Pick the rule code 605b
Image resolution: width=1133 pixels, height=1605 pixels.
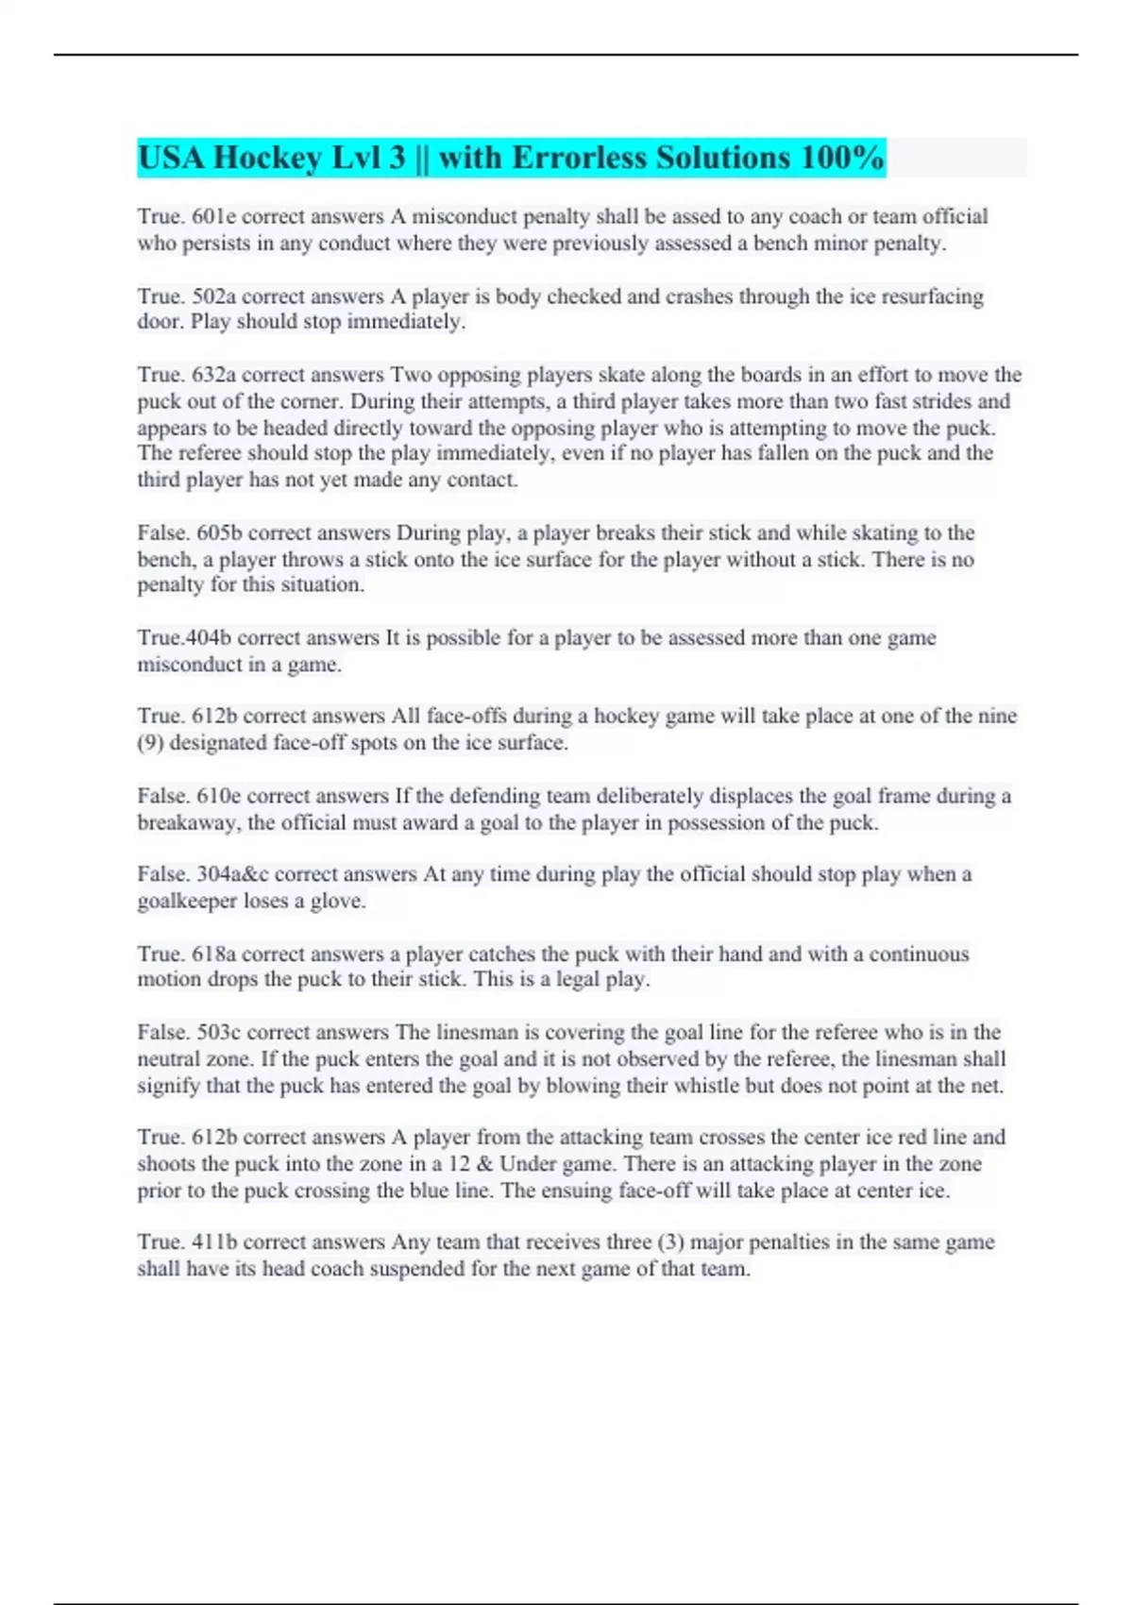click(x=219, y=533)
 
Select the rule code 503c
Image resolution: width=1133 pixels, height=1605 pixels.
click(x=218, y=1033)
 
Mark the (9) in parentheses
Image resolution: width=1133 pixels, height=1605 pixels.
click(x=150, y=743)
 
